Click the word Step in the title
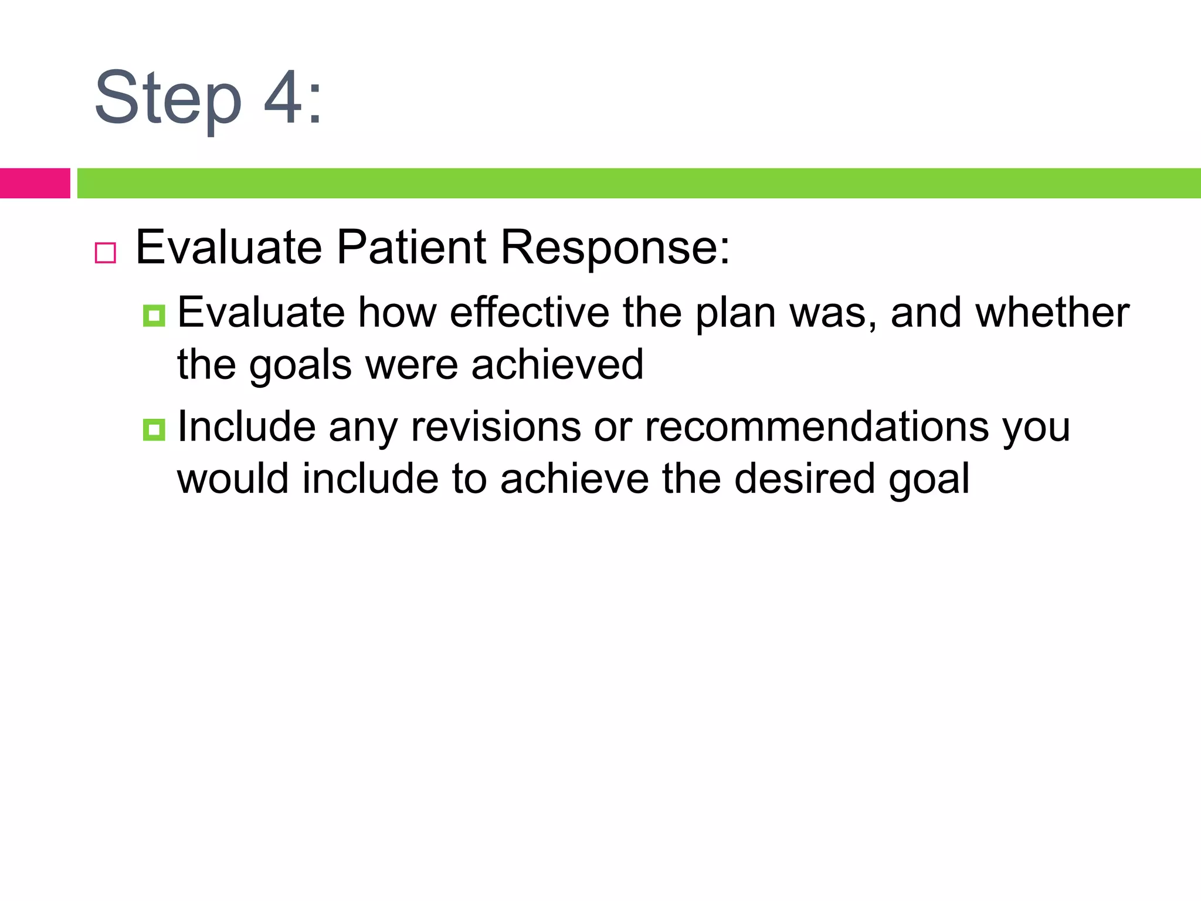[x=168, y=99]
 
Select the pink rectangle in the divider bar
[x=35, y=183]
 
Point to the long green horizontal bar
[x=639, y=183]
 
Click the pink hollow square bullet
[x=106, y=253]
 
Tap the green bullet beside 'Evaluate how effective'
[x=154, y=316]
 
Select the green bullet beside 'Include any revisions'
[x=154, y=430]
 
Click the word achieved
[x=557, y=364]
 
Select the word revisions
[x=496, y=426]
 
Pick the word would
[x=233, y=478]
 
